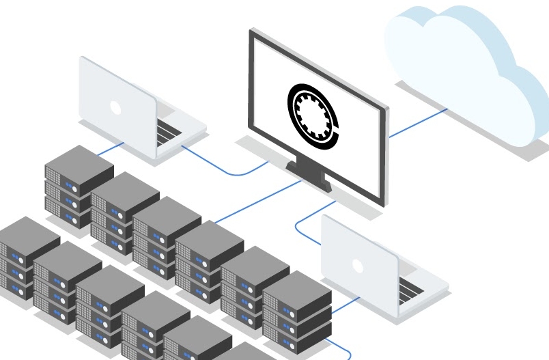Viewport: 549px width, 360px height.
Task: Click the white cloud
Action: point(464,68)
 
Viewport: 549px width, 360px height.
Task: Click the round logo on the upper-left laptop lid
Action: point(115,107)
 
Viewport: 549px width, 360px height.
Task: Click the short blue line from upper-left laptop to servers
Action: point(109,149)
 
